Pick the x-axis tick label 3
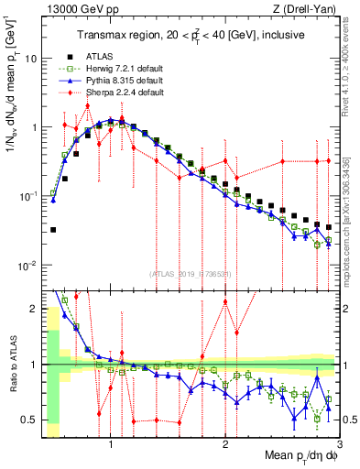[x=339, y=446]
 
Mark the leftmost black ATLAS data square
[x=53, y=230]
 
